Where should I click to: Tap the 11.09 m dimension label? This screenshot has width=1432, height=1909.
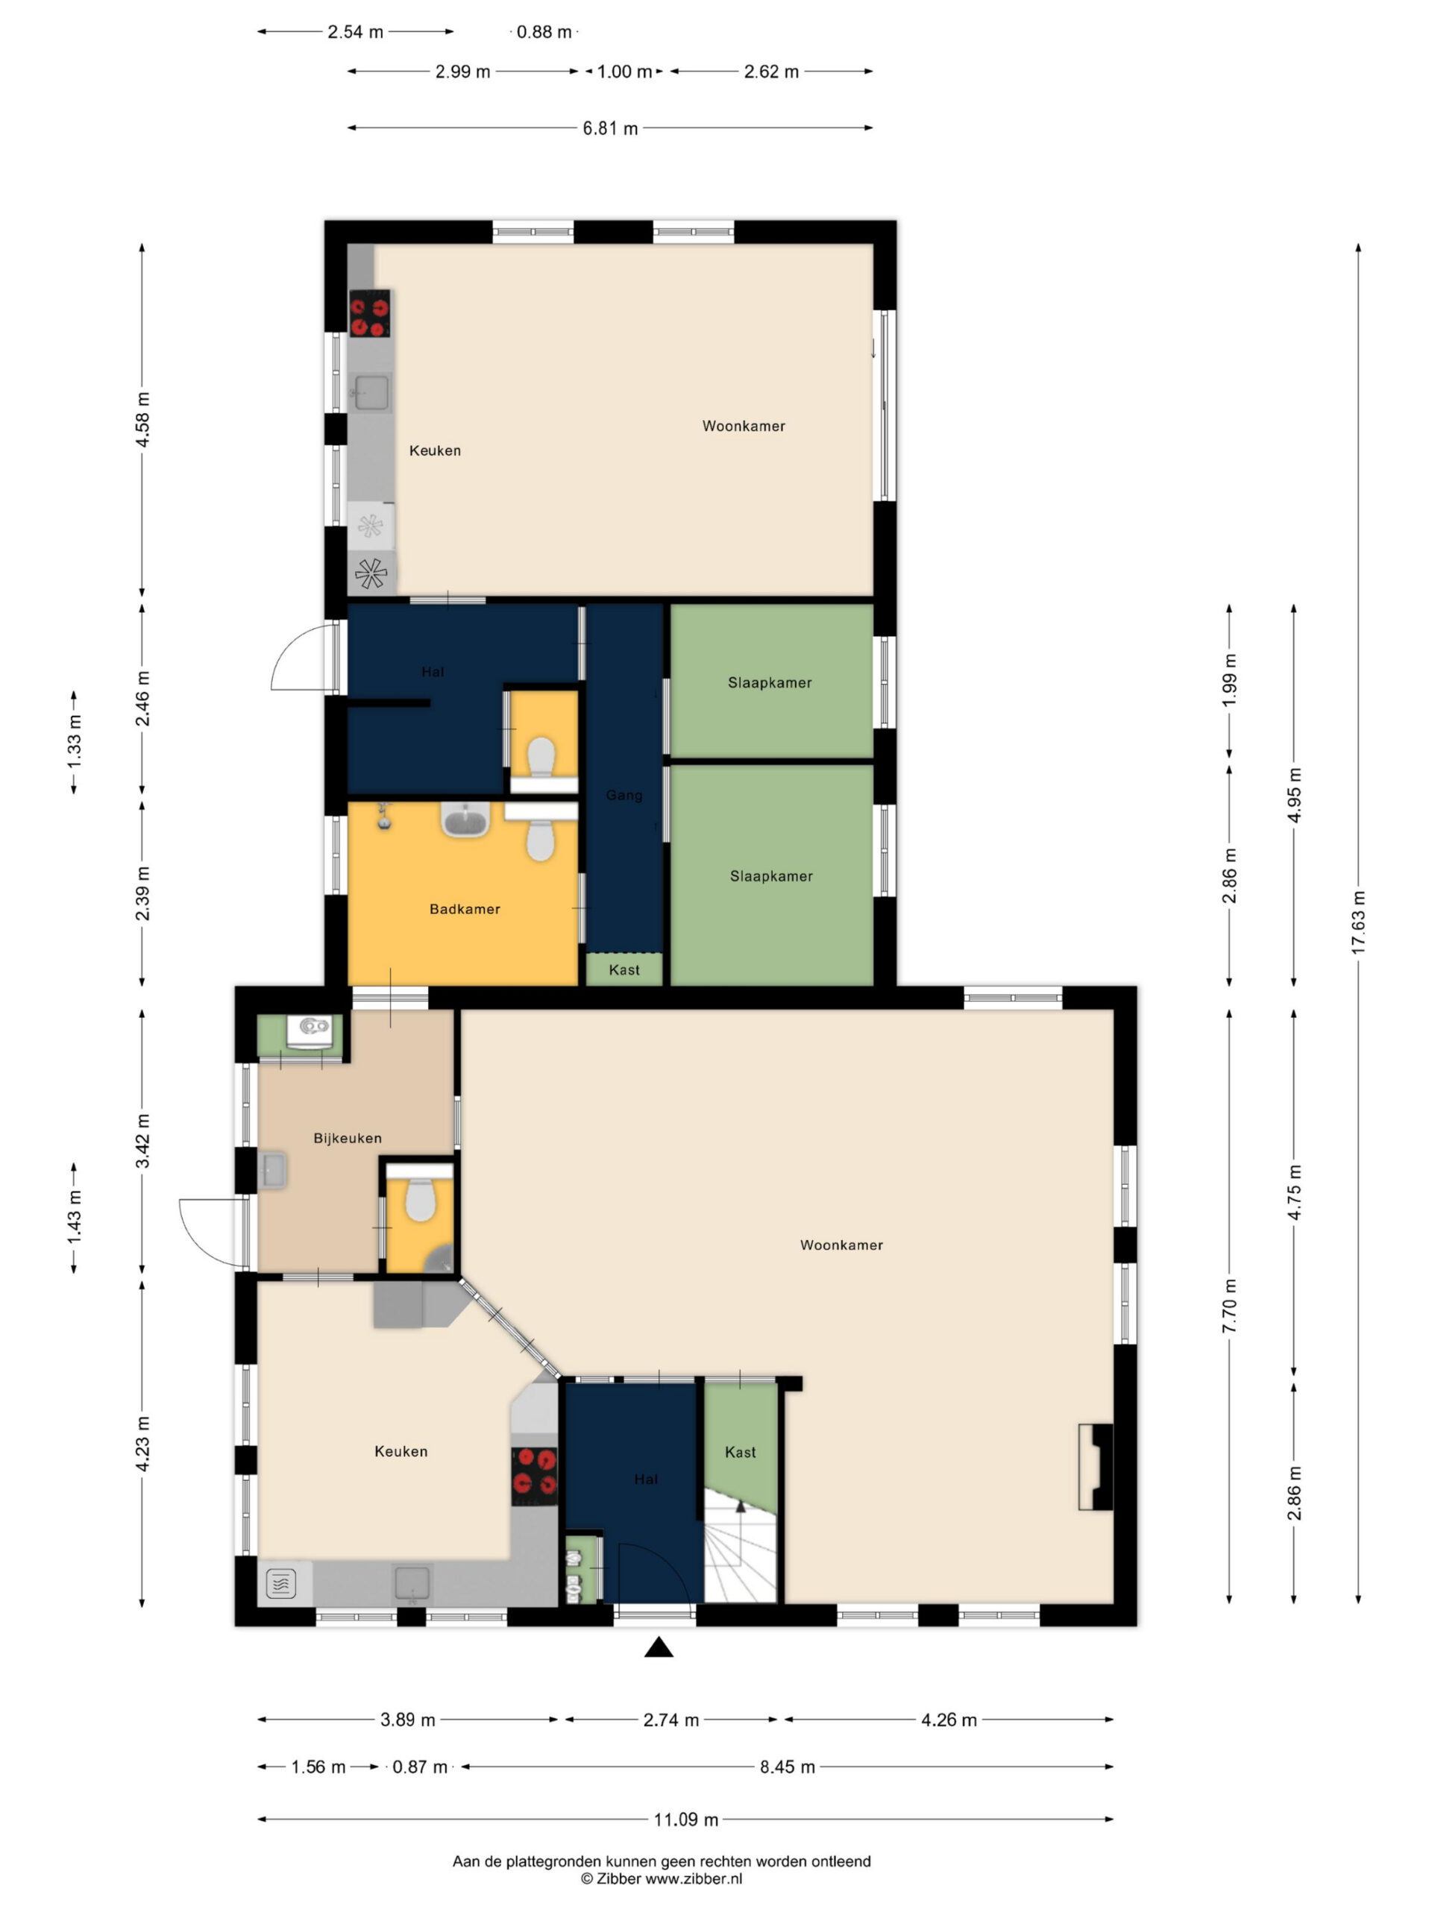685,1820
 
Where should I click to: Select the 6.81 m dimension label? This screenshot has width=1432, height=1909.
610,128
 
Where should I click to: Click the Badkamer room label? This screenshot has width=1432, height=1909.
465,909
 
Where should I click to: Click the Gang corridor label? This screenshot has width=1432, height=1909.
624,795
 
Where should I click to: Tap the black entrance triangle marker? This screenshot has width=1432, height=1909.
659,1647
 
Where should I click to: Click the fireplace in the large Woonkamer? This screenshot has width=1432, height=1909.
1096,1466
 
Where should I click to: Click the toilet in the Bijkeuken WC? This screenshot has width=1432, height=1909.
421,1200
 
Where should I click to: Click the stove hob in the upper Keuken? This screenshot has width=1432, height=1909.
369,313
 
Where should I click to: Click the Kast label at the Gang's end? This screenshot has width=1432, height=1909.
624,970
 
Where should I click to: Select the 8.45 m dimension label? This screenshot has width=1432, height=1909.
787,1767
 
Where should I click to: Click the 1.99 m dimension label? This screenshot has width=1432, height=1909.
1230,680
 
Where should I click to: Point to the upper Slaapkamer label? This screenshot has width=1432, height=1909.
770,682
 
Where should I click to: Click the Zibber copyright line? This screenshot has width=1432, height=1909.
662,1878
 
